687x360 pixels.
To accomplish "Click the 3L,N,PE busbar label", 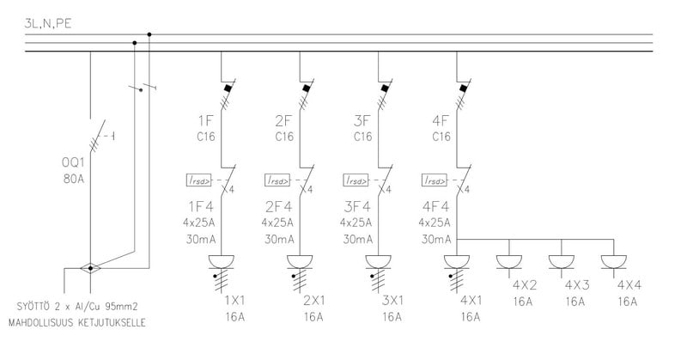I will [49, 25].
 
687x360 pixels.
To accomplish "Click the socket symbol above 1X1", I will [222, 261].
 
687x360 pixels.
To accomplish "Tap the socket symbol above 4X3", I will [562, 261].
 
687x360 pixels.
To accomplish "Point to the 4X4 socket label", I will [629, 285].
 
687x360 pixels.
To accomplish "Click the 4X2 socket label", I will [525, 285].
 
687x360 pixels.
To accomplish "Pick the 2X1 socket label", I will [313, 301].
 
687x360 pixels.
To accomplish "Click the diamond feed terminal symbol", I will [89, 268].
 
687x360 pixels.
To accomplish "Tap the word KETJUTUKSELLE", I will [108, 323].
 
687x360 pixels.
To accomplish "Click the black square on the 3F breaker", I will [384, 87].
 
